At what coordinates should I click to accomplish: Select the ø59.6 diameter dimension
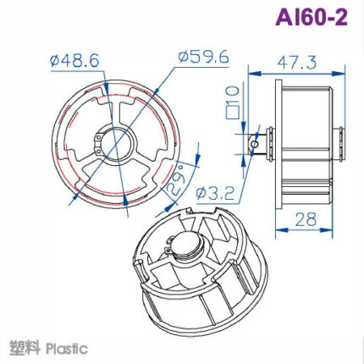point(204,58)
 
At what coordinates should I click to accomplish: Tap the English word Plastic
point(67,348)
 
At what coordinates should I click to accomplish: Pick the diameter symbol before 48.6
point(54,61)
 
